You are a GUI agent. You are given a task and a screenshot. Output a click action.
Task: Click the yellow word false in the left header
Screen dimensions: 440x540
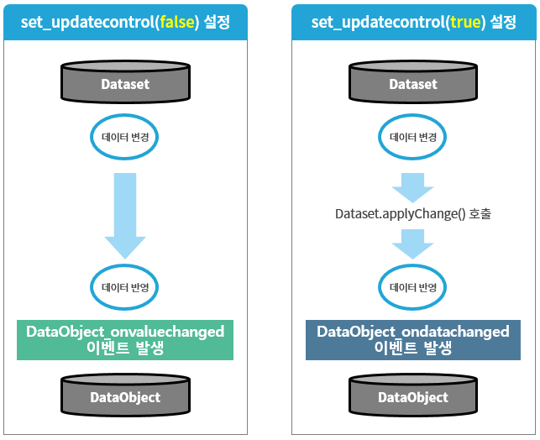pos(174,21)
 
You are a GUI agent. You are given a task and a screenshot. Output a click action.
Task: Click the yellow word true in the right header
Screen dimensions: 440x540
pos(465,21)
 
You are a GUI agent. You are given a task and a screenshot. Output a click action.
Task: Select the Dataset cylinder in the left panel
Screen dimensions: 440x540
pos(125,83)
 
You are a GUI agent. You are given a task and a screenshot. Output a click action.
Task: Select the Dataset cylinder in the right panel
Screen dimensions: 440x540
pos(413,83)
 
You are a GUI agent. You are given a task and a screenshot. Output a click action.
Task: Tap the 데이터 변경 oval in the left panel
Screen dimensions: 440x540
pos(125,137)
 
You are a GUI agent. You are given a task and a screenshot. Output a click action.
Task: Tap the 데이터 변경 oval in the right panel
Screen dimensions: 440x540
pos(413,137)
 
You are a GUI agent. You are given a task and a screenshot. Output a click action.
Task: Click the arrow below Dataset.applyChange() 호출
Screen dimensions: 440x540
pos(413,242)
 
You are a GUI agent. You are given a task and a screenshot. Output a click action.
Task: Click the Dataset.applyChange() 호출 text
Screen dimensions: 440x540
pos(413,213)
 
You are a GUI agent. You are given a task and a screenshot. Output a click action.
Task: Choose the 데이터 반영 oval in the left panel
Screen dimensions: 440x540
pos(125,286)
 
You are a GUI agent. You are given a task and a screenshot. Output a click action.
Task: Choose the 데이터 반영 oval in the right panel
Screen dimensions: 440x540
pos(413,286)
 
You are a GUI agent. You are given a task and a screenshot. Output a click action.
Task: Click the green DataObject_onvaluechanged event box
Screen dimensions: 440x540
pos(125,340)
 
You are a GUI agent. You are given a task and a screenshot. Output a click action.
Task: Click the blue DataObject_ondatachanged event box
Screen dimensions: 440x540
pos(413,340)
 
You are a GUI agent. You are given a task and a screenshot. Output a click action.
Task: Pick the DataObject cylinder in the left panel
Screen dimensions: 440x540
pos(125,396)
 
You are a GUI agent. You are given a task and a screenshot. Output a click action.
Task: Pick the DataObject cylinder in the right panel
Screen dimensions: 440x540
pos(413,396)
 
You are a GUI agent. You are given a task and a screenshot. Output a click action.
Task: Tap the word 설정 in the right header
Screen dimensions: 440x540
pos(504,21)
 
